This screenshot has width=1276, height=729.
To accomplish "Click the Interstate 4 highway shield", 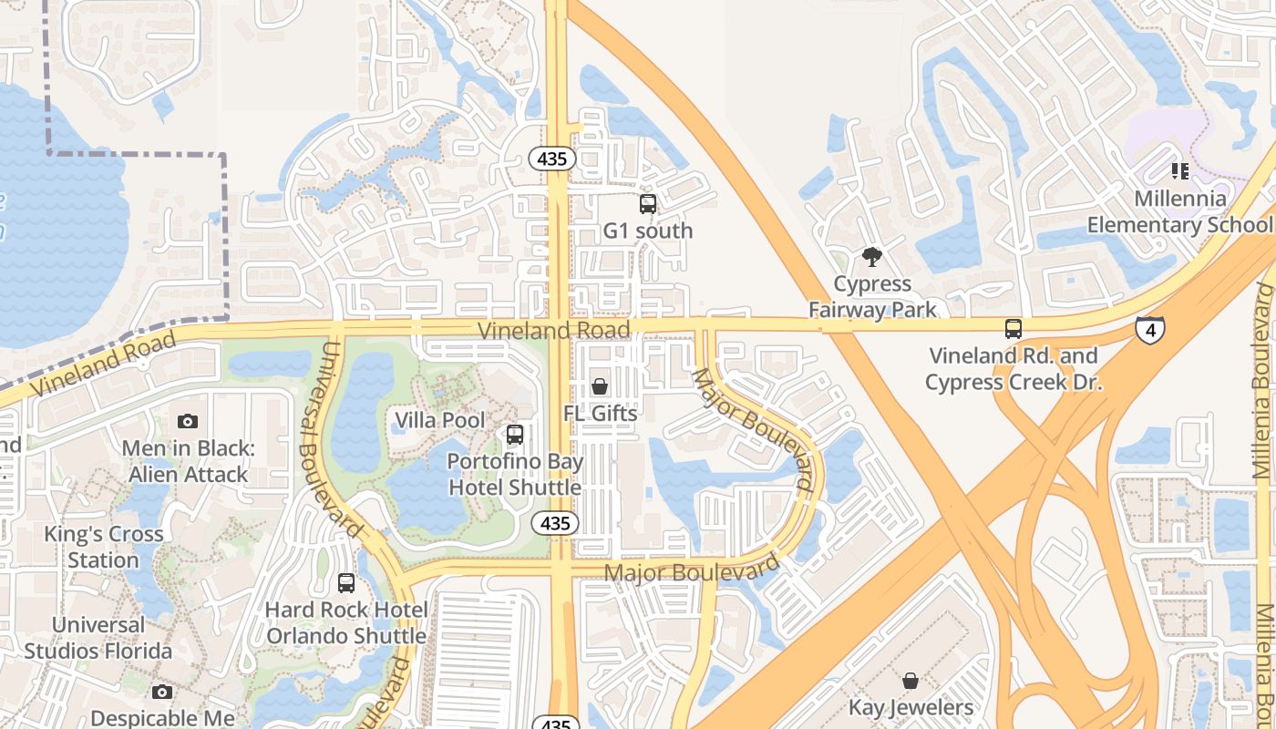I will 1149,329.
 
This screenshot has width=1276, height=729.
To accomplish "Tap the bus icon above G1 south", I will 648,203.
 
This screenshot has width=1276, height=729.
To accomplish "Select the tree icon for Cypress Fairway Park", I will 872,257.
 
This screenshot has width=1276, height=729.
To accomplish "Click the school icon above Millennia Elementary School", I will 1180,170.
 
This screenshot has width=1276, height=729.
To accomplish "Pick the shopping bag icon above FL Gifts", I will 600,386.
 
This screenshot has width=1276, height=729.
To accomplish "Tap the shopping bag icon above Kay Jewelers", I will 910,680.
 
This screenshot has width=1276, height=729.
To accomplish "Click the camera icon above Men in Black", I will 188,421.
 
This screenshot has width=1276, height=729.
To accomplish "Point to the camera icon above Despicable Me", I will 162,693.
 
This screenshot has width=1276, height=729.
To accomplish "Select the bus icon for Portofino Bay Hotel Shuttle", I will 515,435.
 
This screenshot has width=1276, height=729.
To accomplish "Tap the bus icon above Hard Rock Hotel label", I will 345,582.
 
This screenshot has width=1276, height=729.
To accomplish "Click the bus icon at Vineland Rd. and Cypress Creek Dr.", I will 1013,329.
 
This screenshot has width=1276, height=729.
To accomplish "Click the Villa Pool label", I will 439,420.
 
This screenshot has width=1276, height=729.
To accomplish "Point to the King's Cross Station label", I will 103,546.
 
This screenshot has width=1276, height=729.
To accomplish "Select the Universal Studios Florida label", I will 98,638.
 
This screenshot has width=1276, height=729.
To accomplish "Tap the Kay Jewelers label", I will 911,707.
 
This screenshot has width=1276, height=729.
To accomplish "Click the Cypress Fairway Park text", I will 872,297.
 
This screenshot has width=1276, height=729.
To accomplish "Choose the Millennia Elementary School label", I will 1180,211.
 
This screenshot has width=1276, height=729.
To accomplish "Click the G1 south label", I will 648,231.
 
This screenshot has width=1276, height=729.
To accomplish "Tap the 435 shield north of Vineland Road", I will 552,159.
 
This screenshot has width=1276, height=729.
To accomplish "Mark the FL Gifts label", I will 600,413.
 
